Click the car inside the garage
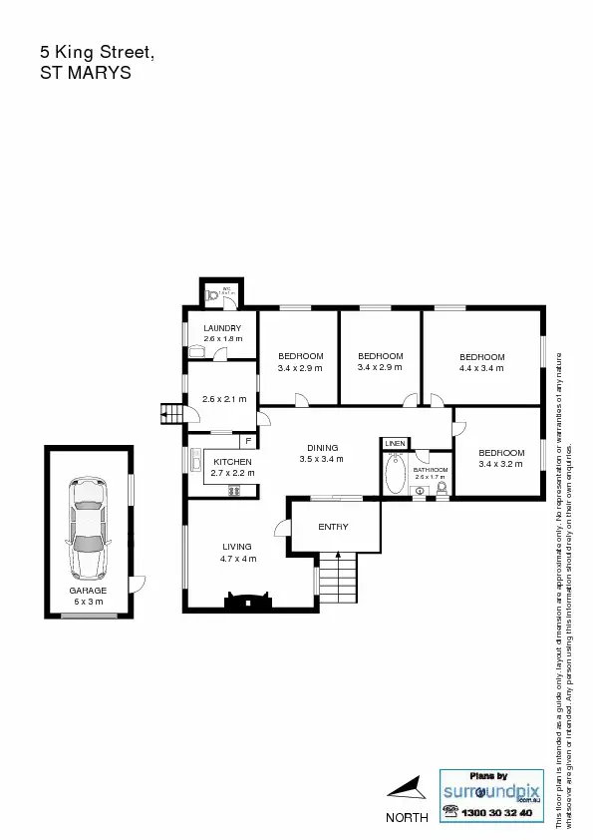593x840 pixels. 88,529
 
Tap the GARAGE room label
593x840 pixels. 88,591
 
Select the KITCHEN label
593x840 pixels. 232,462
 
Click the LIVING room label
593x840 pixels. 237,547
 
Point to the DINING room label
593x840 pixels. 322,448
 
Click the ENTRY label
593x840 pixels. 333,527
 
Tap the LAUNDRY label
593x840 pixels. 222,328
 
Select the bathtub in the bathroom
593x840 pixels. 395,475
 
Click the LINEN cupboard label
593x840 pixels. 395,442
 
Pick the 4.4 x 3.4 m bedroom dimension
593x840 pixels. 482,368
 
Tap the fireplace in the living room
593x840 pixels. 246,600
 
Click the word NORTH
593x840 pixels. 407,817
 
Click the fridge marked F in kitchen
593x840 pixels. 247,440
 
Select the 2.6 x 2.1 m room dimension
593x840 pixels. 224,399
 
